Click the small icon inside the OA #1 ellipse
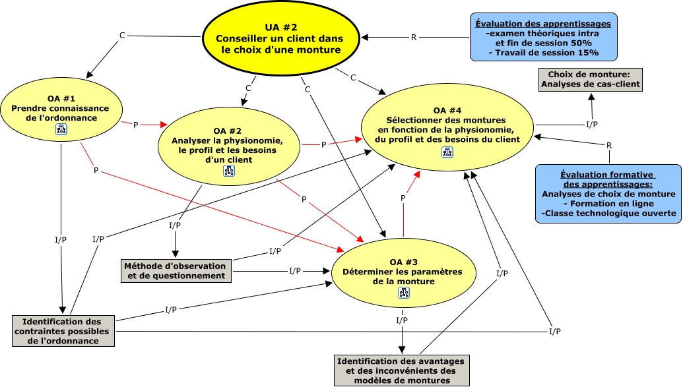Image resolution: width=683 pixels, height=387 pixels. pyautogui.click(x=61, y=131)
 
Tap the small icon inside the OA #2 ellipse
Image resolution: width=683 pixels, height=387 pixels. pyautogui.click(x=230, y=171)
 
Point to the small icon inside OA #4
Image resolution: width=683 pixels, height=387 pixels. pyautogui.click(x=448, y=152)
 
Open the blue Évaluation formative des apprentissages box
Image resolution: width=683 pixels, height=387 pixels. pyautogui.click(x=608, y=194)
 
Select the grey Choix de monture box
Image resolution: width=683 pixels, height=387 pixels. pyautogui.click(x=590, y=79)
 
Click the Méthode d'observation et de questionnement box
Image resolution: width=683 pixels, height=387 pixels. pyautogui.click(x=176, y=271)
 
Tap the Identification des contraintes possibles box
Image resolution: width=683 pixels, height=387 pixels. pyautogui.click(x=63, y=330)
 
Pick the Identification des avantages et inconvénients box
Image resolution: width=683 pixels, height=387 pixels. pyautogui.click(x=401, y=371)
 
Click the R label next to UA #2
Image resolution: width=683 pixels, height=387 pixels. pyautogui.click(x=414, y=38)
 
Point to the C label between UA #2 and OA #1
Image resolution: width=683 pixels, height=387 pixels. pyautogui.click(x=122, y=35)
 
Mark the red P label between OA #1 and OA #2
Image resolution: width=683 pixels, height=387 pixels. pyautogui.click(x=136, y=125)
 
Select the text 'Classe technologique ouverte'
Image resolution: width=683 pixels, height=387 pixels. pyautogui.click(x=608, y=214)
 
